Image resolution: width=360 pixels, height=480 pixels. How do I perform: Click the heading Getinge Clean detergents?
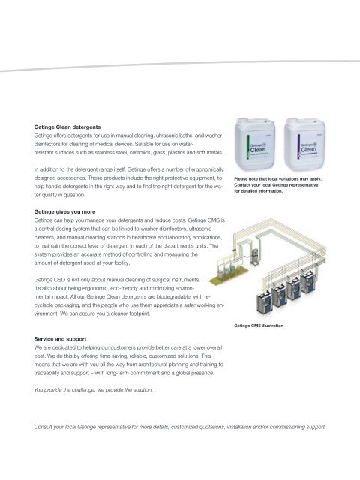coord(67,127)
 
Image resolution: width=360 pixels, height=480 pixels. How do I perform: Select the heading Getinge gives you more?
coord(64,211)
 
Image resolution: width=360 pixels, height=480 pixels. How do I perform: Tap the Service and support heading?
coord(60,339)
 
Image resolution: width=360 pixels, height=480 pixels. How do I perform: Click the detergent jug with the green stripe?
coord(255,144)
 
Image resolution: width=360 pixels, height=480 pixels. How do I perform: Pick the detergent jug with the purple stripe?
coord(304,144)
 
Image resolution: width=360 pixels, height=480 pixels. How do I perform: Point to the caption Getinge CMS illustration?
coord(259,325)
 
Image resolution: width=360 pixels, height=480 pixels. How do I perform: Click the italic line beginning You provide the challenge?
coord(93,390)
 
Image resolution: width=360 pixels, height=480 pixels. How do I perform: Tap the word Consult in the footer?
coord(43,427)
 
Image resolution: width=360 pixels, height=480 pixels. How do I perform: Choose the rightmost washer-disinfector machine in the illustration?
coord(308,282)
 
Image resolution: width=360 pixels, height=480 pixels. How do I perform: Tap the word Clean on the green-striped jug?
coord(258,150)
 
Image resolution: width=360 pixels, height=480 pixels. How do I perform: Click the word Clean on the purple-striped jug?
coord(308,150)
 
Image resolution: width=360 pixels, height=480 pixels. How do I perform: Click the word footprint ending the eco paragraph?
coord(139,313)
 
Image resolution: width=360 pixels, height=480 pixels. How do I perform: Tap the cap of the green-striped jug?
coord(242,121)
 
